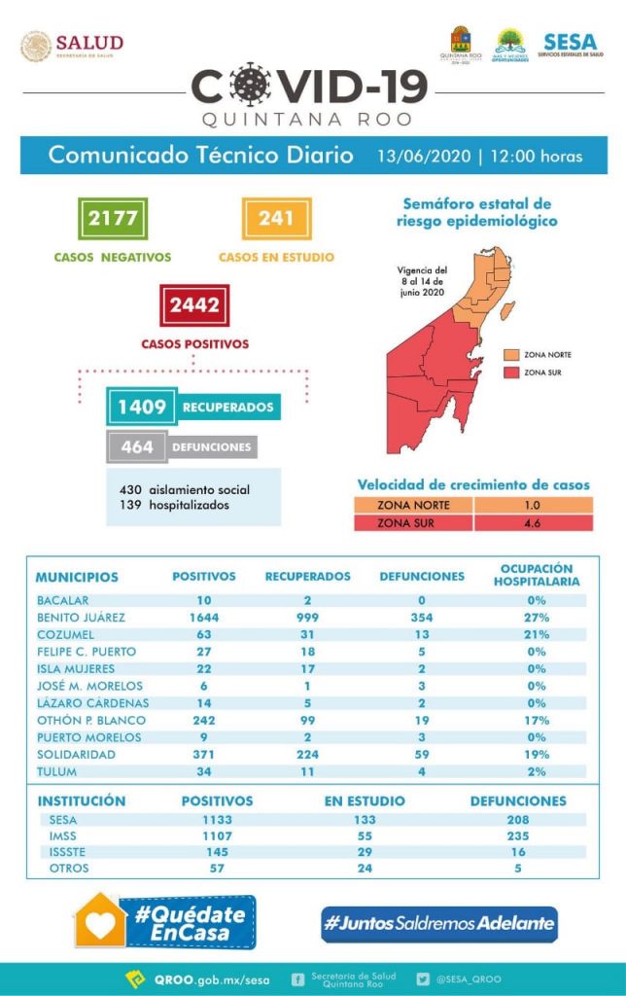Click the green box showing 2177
[x=113, y=218]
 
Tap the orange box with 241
[x=276, y=218]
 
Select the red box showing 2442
[x=194, y=305]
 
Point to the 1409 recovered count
[x=142, y=406]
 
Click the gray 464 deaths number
[x=137, y=447]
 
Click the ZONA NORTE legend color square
[x=511, y=354]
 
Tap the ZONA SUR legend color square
[x=511, y=372]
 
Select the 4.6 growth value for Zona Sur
[x=532, y=522]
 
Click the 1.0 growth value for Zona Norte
[x=532, y=505]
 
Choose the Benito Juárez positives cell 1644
[x=203, y=617]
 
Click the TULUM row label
[x=56, y=772]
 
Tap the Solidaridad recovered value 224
[x=307, y=755]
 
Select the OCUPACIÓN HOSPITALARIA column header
[x=535, y=575]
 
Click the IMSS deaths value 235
[x=517, y=836]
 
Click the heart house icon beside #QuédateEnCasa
[x=101, y=920]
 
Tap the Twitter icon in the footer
[x=423, y=979]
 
